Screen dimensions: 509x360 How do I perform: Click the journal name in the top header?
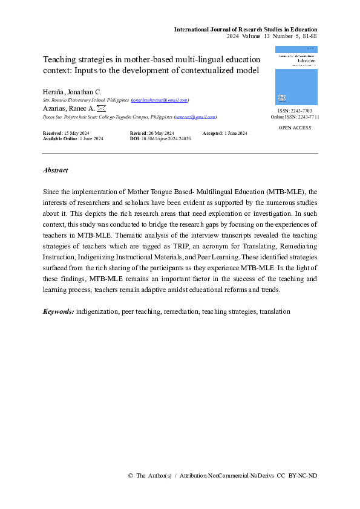coord(246,29)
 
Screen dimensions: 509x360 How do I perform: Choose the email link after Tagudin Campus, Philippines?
coord(195,117)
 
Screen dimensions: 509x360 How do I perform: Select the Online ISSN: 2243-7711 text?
coord(295,118)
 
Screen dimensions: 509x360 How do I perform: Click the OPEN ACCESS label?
coord(295,128)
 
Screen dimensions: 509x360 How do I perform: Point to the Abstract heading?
coord(56,170)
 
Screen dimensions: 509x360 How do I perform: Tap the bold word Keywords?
coord(59,311)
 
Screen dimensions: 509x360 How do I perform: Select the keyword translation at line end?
coord(275,311)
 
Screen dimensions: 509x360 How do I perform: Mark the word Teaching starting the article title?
coord(59,60)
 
